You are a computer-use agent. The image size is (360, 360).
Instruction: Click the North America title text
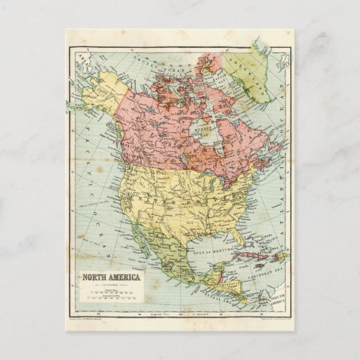(x=112, y=277)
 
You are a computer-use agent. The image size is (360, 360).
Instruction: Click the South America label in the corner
(x=277, y=299)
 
